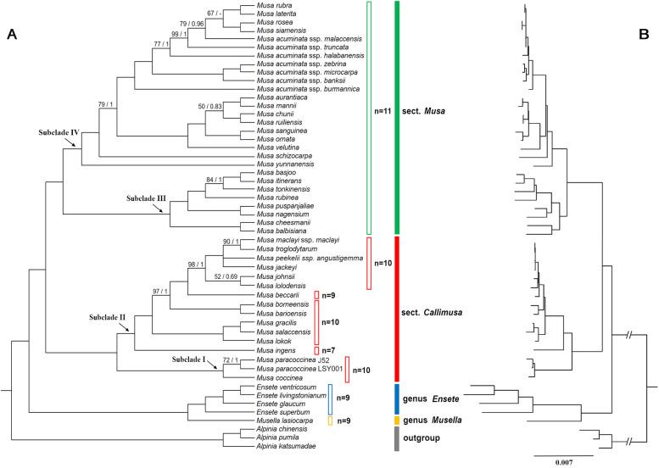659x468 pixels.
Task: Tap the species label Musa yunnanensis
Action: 286,164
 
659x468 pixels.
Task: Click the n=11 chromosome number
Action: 384,110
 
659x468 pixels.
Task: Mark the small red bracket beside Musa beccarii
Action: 316,295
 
